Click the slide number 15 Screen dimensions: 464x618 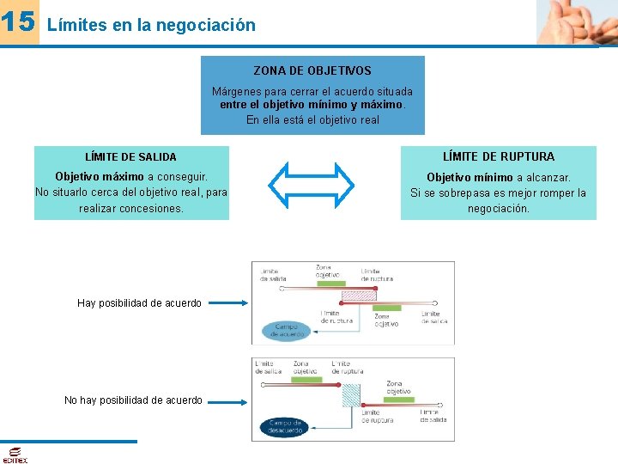click(x=19, y=22)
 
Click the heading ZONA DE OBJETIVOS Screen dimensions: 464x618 click(x=312, y=70)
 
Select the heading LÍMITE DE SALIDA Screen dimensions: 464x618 click(x=131, y=157)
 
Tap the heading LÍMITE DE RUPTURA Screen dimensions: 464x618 click(x=499, y=156)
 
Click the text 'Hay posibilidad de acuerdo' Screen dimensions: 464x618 click(x=139, y=303)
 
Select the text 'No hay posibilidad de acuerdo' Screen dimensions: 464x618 click(x=133, y=400)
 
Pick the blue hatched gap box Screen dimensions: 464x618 click(x=351, y=394)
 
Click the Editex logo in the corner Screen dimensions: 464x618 click(x=14, y=455)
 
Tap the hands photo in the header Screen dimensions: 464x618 click(x=576, y=22)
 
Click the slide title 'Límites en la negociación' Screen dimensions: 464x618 click(x=151, y=25)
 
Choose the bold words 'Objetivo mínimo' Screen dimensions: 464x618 click(x=470, y=177)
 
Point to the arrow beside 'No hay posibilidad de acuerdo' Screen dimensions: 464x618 click(x=227, y=400)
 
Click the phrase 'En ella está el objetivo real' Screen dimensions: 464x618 click(x=312, y=120)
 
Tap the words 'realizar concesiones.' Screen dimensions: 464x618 click(x=131, y=208)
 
